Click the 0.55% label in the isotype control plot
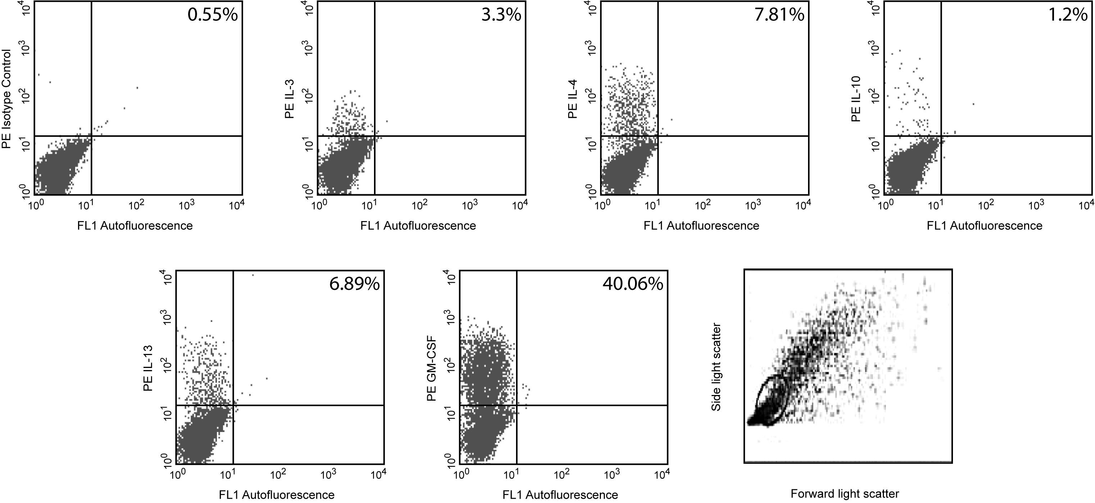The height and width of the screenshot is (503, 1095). [x=213, y=15]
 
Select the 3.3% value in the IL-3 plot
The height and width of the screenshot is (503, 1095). [x=501, y=15]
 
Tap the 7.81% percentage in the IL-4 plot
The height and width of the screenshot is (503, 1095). [x=779, y=15]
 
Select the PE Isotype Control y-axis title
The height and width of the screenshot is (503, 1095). [x=6, y=99]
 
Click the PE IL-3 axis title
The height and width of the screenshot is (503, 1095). [x=289, y=99]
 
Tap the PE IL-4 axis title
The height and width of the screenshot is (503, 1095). [x=572, y=99]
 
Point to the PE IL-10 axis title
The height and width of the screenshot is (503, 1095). [x=856, y=99]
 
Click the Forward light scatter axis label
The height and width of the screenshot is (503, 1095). [x=845, y=494]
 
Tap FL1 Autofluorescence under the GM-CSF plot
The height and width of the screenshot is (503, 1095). [x=560, y=495]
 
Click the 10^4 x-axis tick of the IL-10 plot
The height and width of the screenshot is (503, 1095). [x=1086, y=206]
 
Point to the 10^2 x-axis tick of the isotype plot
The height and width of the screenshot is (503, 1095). [x=136, y=206]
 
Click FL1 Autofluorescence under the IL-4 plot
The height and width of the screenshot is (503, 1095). [x=701, y=225]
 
